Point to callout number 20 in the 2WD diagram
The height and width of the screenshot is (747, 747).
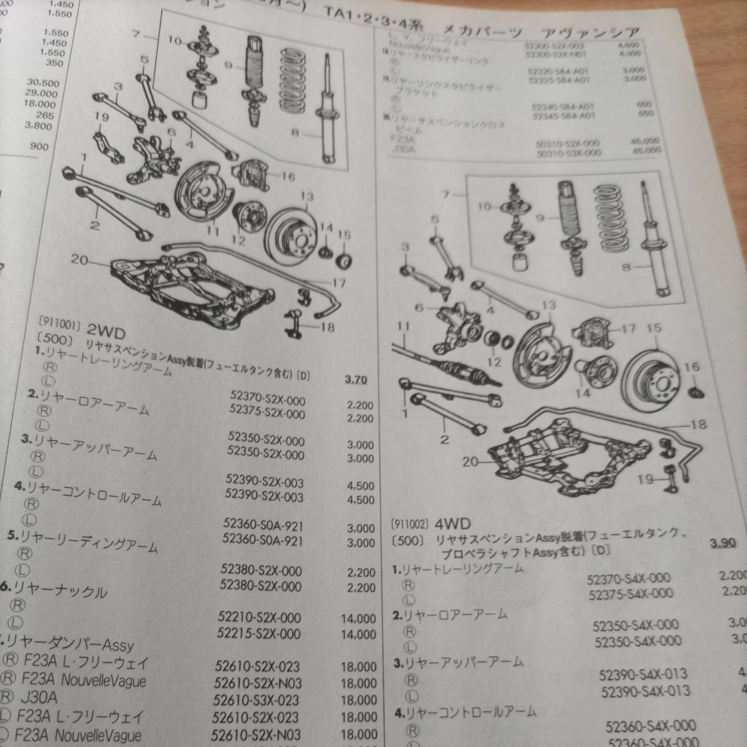(x=79, y=260)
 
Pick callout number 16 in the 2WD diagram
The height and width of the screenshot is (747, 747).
(x=287, y=177)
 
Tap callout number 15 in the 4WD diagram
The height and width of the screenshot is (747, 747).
(x=654, y=328)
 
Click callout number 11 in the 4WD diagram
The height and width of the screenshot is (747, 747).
(x=404, y=326)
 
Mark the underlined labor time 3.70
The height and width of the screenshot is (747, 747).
(x=355, y=380)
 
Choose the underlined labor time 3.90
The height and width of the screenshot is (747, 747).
(x=720, y=543)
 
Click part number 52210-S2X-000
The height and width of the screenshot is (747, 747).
(x=260, y=618)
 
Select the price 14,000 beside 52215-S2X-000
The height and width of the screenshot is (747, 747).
(x=359, y=635)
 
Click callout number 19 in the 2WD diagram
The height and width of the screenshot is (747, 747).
(x=103, y=116)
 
